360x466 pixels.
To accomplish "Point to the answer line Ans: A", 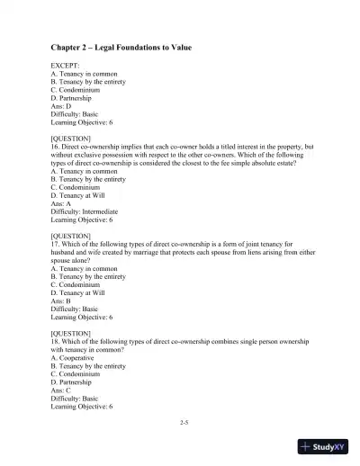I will coord(62,203).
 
